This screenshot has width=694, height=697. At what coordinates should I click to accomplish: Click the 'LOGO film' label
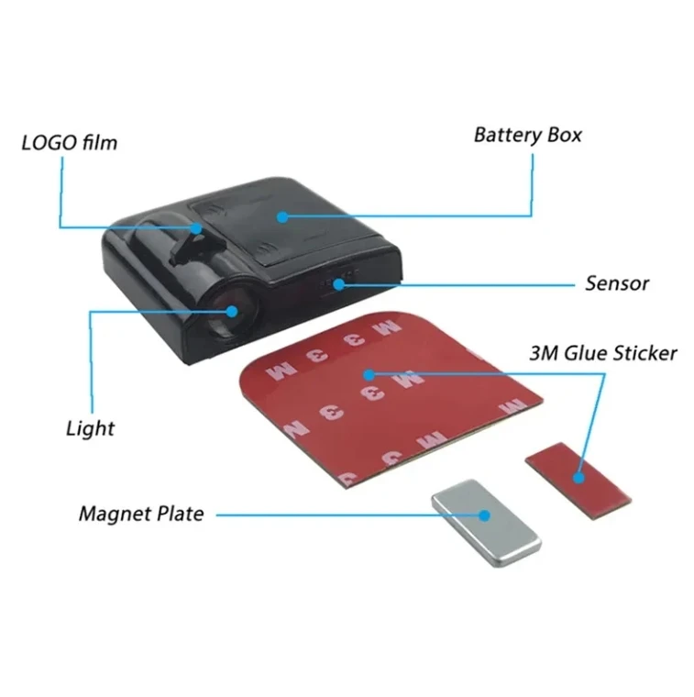point(70,143)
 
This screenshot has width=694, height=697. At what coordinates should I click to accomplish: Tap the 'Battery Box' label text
point(527,135)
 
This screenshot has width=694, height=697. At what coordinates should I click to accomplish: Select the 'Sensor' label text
point(617,283)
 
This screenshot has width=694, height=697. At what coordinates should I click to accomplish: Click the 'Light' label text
point(90,427)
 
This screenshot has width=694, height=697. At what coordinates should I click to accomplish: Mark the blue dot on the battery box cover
point(283,217)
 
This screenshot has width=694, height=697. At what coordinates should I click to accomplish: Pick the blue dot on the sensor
point(339,283)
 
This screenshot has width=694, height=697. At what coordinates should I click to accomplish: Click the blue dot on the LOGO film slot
point(196,227)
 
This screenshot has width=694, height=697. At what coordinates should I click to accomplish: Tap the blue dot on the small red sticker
point(578,476)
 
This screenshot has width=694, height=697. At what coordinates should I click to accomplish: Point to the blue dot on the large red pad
point(368,374)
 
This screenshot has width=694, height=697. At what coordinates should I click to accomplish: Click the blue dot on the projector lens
point(231,312)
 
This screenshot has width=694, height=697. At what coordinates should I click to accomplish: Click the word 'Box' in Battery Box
point(562,135)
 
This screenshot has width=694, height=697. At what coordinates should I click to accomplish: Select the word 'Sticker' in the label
point(644,353)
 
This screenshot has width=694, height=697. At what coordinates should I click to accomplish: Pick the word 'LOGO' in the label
point(47,143)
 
